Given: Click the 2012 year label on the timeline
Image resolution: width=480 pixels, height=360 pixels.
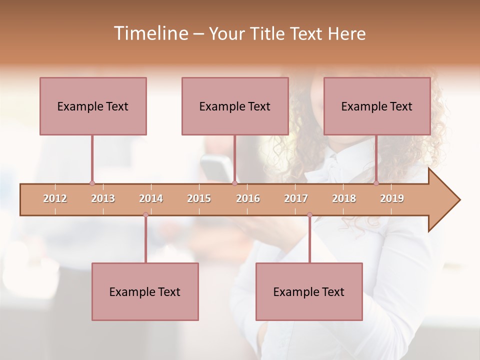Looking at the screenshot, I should click(x=55, y=198).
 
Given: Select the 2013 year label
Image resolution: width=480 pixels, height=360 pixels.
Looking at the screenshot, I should click(x=103, y=198).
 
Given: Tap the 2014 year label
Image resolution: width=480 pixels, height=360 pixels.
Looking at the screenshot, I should click(x=151, y=198).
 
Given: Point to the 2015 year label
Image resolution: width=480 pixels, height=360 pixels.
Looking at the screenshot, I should click(x=199, y=198).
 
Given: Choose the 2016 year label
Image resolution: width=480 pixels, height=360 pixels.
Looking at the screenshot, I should click(x=248, y=198).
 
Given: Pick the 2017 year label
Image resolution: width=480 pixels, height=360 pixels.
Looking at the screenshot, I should click(x=296, y=198).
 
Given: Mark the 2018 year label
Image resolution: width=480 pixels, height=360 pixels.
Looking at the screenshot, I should click(x=344, y=198).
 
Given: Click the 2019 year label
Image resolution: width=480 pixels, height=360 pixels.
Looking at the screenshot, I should click(x=392, y=198).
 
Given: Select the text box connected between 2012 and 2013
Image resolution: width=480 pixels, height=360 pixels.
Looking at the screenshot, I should click(x=93, y=106).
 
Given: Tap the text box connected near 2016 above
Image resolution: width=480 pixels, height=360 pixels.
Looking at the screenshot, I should click(x=235, y=106).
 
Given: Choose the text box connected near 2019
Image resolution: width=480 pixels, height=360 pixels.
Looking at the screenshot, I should click(x=377, y=106).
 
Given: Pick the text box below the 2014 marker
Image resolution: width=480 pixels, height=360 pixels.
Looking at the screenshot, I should click(x=145, y=291).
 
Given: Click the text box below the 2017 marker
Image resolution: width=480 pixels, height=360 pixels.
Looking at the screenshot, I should click(x=309, y=291).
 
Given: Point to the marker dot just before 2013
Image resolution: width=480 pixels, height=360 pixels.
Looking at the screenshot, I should click(x=92, y=183).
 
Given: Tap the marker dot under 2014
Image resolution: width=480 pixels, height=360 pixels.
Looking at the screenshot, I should click(x=145, y=215).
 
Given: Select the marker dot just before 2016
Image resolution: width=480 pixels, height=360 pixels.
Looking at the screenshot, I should click(x=234, y=183).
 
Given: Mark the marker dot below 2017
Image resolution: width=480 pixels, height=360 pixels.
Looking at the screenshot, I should click(x=309, y=215).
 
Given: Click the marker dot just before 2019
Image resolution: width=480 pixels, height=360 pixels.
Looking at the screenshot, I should click(x=376, y=183).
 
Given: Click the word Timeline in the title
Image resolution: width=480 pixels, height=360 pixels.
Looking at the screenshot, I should click(x=149, y=33).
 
